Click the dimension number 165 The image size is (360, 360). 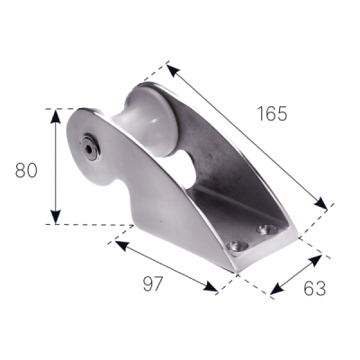[x=273, y=114]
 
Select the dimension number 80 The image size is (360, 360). [x=26, y=170]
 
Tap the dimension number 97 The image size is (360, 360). [x=152, y=283]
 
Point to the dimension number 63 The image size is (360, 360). [x=315, y=289]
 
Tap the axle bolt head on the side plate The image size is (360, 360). [x=90, y=148]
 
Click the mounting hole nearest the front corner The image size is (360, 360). [x=238, y=247]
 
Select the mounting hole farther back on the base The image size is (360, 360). [x=266, y=229]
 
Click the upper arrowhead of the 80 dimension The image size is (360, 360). [x=55, y=116]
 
